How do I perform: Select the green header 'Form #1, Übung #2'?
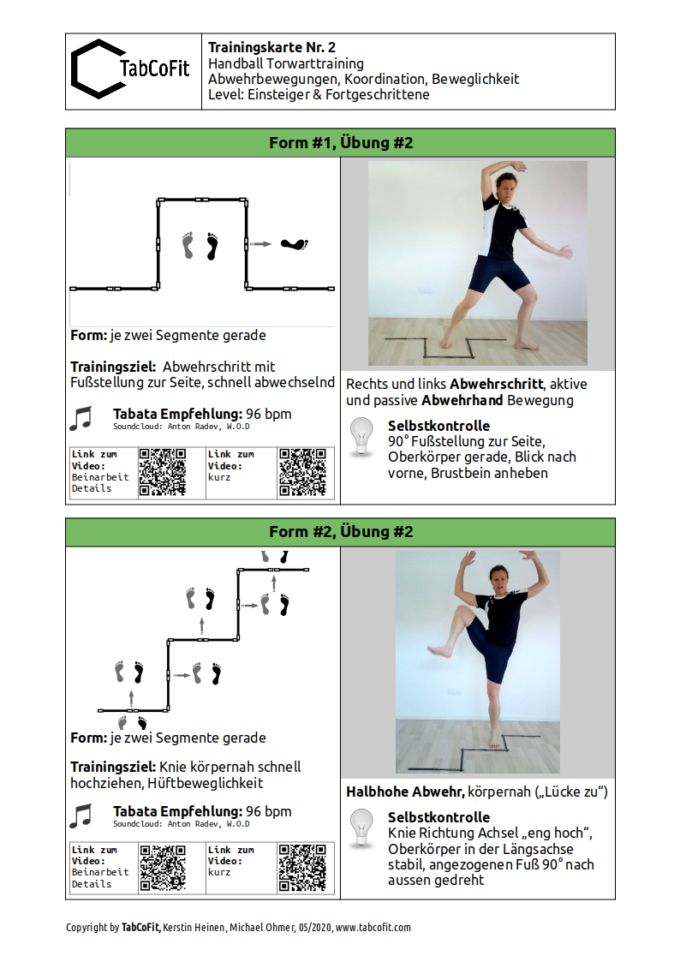point(340,143)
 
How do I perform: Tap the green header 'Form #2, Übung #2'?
point(340,532)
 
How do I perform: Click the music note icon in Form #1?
point(81,418)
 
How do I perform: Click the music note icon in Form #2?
point(81,815)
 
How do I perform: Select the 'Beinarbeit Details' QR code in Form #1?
point(162,472)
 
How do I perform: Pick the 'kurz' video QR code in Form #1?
point(302,472)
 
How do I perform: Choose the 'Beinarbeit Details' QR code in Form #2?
point(162,868)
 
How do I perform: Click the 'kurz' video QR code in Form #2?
point(302,868)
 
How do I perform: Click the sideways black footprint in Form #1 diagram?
point(295,245)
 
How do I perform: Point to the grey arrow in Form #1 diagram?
point(261,245)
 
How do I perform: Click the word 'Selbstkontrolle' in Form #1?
point(438,426)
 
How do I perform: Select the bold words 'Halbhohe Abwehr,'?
point(405,792)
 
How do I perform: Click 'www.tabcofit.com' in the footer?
point(373,927)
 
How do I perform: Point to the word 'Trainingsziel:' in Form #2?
point(113,767)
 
